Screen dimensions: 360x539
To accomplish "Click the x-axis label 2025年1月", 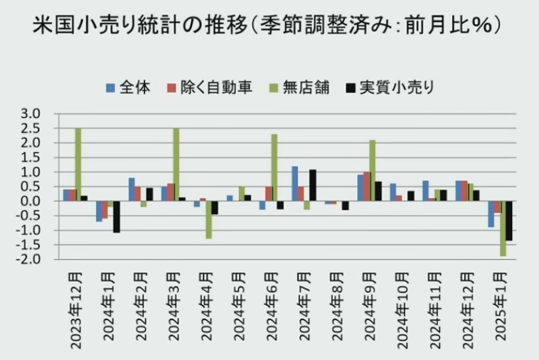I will point(500,310).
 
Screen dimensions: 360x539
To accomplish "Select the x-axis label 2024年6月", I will point(271,310).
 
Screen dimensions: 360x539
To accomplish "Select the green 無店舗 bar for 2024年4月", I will point(209,220).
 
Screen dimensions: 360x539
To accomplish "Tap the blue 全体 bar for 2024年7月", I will point(294,184).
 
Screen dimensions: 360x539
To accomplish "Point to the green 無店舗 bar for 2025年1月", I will point(503,228).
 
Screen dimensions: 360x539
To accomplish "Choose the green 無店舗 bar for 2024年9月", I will point(372,170).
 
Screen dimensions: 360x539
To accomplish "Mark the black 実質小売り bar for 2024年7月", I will point(313,185).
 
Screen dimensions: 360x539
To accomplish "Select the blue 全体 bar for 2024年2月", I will point(132,189).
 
